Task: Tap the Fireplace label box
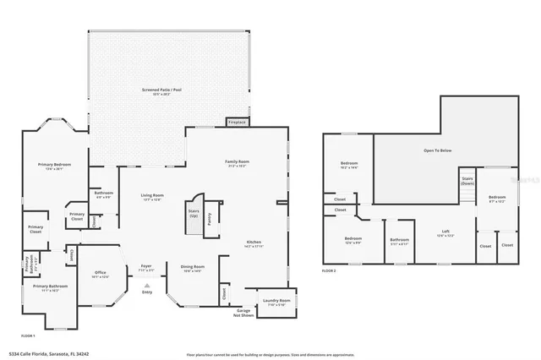237,122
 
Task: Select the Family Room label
237,162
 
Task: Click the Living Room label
152,196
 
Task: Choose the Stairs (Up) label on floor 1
193,212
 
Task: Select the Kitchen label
254,243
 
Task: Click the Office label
100,273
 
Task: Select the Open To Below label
437,150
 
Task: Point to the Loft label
445,232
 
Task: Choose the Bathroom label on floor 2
400,240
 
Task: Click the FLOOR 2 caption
329,270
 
